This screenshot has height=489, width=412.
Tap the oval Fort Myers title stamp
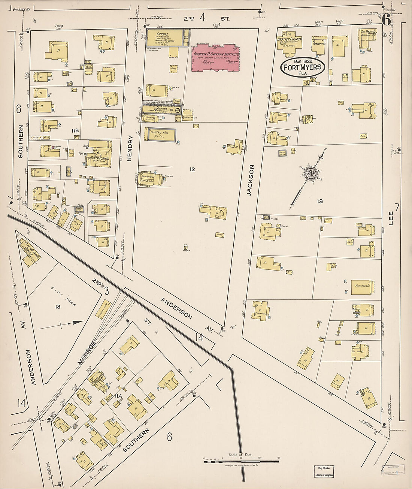(303, 68)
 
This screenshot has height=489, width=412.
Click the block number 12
(192, 169)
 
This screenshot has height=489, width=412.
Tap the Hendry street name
(130, 148)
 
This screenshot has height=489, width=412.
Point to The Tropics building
(366, 39)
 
